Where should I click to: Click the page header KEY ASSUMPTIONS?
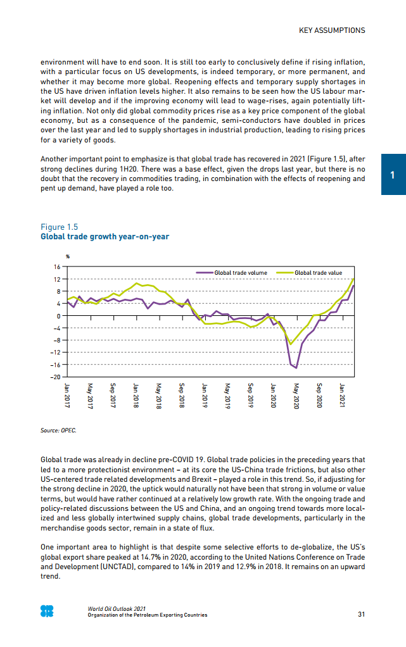tap(332, 30)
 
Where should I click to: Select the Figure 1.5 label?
tap(61, 227)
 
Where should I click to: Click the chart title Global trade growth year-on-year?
tap(105, 237)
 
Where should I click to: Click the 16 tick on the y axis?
tap(57, 267)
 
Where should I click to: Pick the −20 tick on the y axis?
tap(55, 377)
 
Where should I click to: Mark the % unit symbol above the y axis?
tap(68, 256)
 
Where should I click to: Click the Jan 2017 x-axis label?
tap(68, 394)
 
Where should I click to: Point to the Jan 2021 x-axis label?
tap(342, 394)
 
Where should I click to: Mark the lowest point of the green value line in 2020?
tap(291, 344)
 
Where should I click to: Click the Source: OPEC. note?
tap(58, 430)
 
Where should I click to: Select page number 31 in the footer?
tap(361, 614)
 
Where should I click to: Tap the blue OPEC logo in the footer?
tap(47, 612)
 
